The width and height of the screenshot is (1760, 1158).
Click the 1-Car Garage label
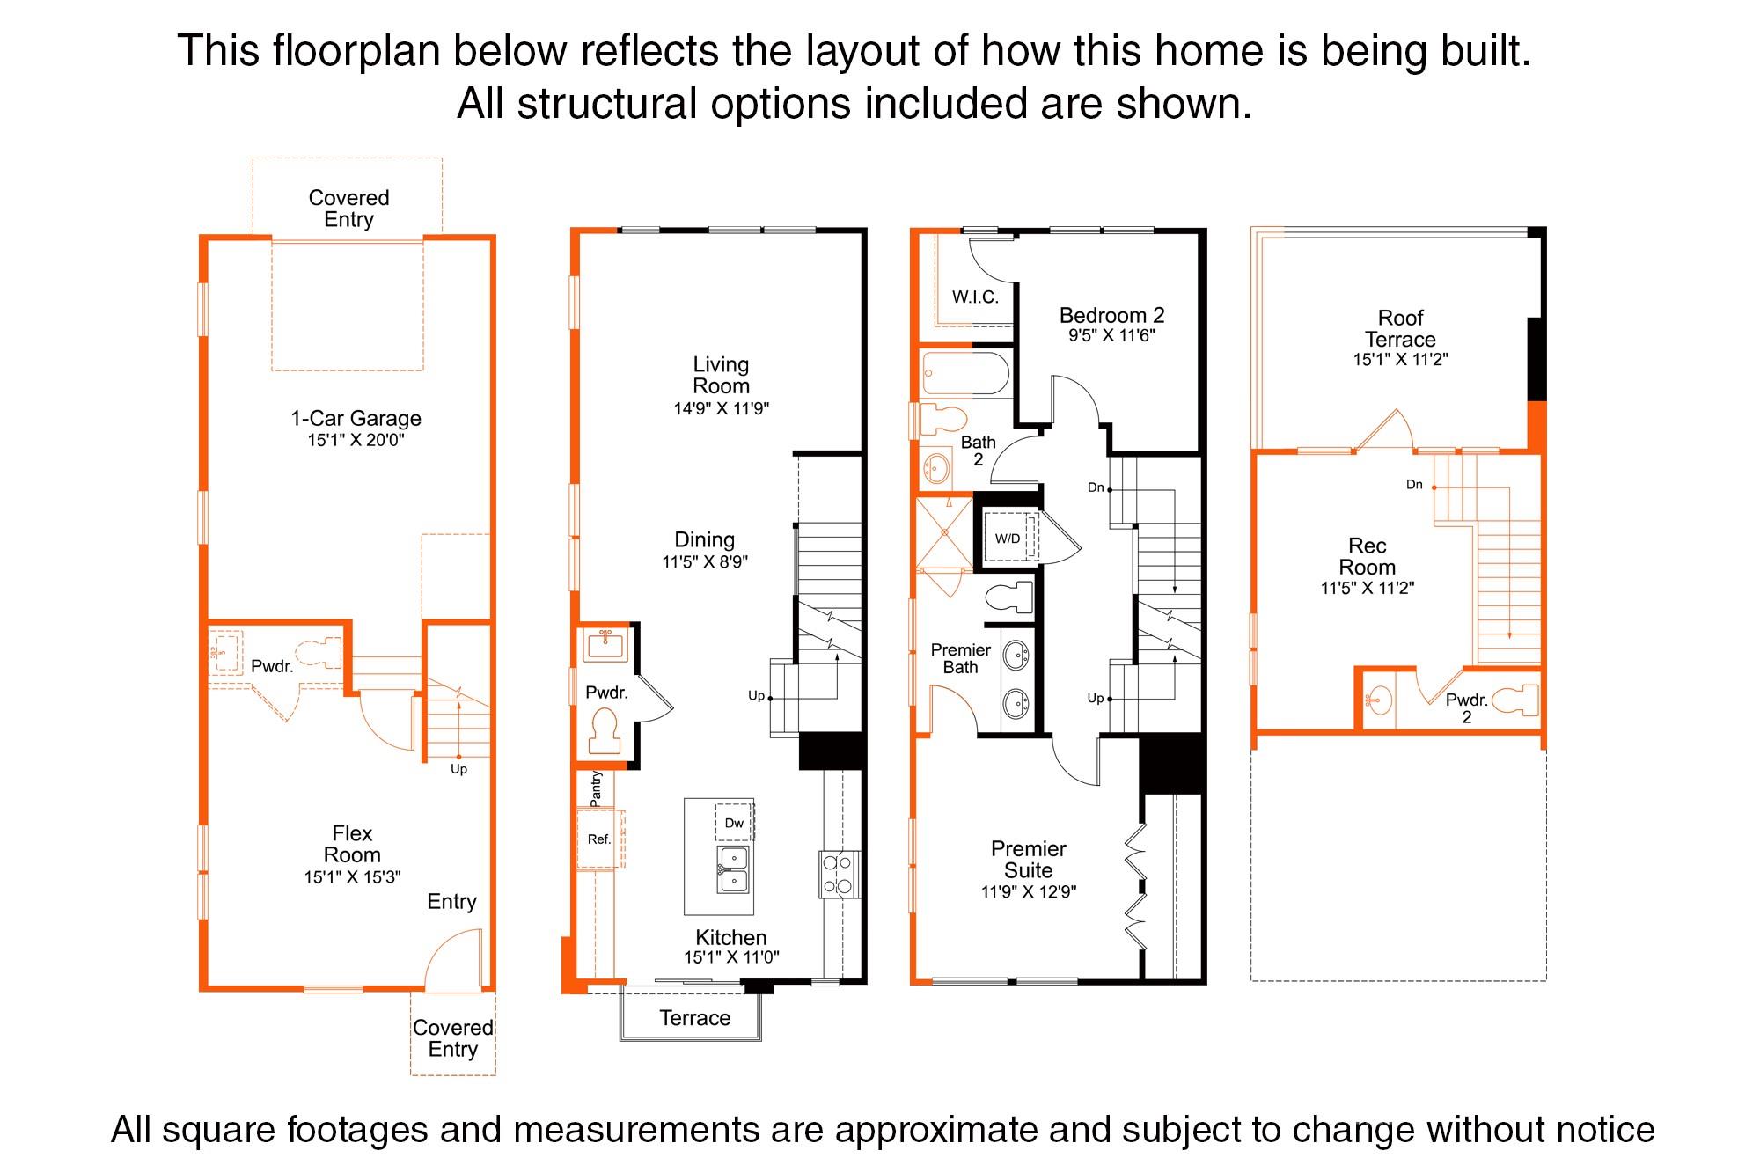(356, 419)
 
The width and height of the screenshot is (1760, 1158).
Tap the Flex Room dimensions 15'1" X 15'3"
(352, 877)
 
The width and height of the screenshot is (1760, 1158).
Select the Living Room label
(721, 375)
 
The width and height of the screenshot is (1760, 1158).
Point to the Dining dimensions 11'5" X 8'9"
(705, 562)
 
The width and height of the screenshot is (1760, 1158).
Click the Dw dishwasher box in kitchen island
(734, 824)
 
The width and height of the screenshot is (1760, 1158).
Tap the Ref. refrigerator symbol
(599, 839)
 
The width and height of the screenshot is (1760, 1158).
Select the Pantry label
(596, 788)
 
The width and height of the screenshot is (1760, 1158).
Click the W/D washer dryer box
(1008, 539)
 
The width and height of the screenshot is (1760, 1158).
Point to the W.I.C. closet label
(975, 297)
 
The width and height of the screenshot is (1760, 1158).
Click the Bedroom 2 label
(1111, 315)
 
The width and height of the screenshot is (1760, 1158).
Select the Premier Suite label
(1028, 860)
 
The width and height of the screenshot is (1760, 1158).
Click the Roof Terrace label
(1400, 328)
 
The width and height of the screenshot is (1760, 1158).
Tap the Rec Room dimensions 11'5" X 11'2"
(1367, 589)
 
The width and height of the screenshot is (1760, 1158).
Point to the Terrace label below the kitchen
(694, 1018)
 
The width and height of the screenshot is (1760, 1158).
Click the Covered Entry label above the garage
(348, 209)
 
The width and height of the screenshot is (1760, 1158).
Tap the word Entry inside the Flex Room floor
(451, 902)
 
